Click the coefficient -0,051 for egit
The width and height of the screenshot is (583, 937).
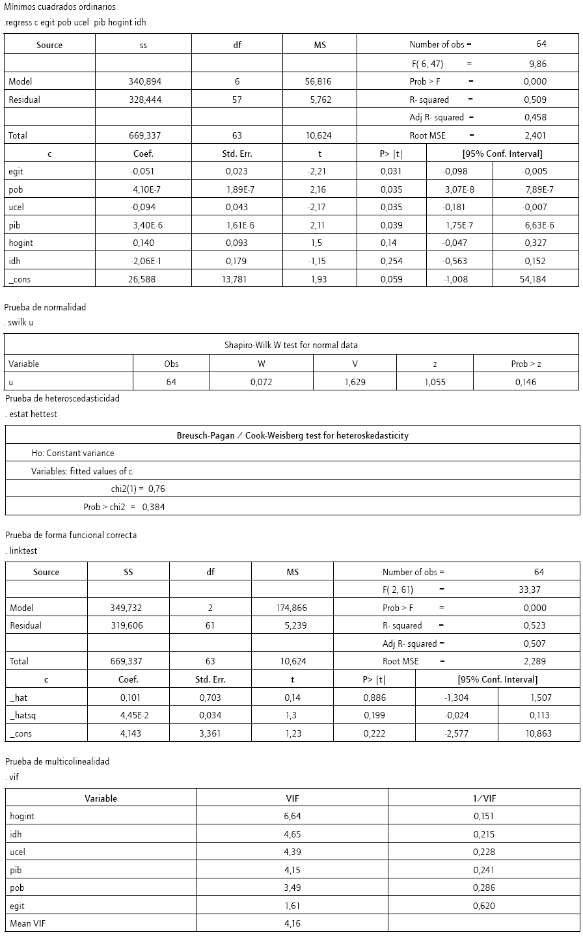coord(143,172)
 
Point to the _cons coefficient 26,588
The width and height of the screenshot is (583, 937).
coord(143,279)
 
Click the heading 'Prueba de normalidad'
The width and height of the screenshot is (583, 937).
coord(45,307)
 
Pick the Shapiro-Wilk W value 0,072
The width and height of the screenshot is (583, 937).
coord(261,382)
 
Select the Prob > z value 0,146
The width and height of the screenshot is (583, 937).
coord(525,382)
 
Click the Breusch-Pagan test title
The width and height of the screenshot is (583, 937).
coord(292,435)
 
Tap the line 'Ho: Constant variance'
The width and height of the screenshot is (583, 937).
coord(72,453)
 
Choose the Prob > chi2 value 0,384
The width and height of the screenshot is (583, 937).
coord(153,507)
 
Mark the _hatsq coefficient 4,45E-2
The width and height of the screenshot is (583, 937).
coord(128,715)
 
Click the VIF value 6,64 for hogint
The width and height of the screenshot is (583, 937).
coord(292,816)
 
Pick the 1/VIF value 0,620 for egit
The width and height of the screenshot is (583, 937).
coord(484,905)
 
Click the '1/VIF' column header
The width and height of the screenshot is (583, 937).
coord(484,798)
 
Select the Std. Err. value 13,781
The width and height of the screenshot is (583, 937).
coord(237,279)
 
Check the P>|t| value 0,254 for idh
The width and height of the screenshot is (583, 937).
coord(391,261)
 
